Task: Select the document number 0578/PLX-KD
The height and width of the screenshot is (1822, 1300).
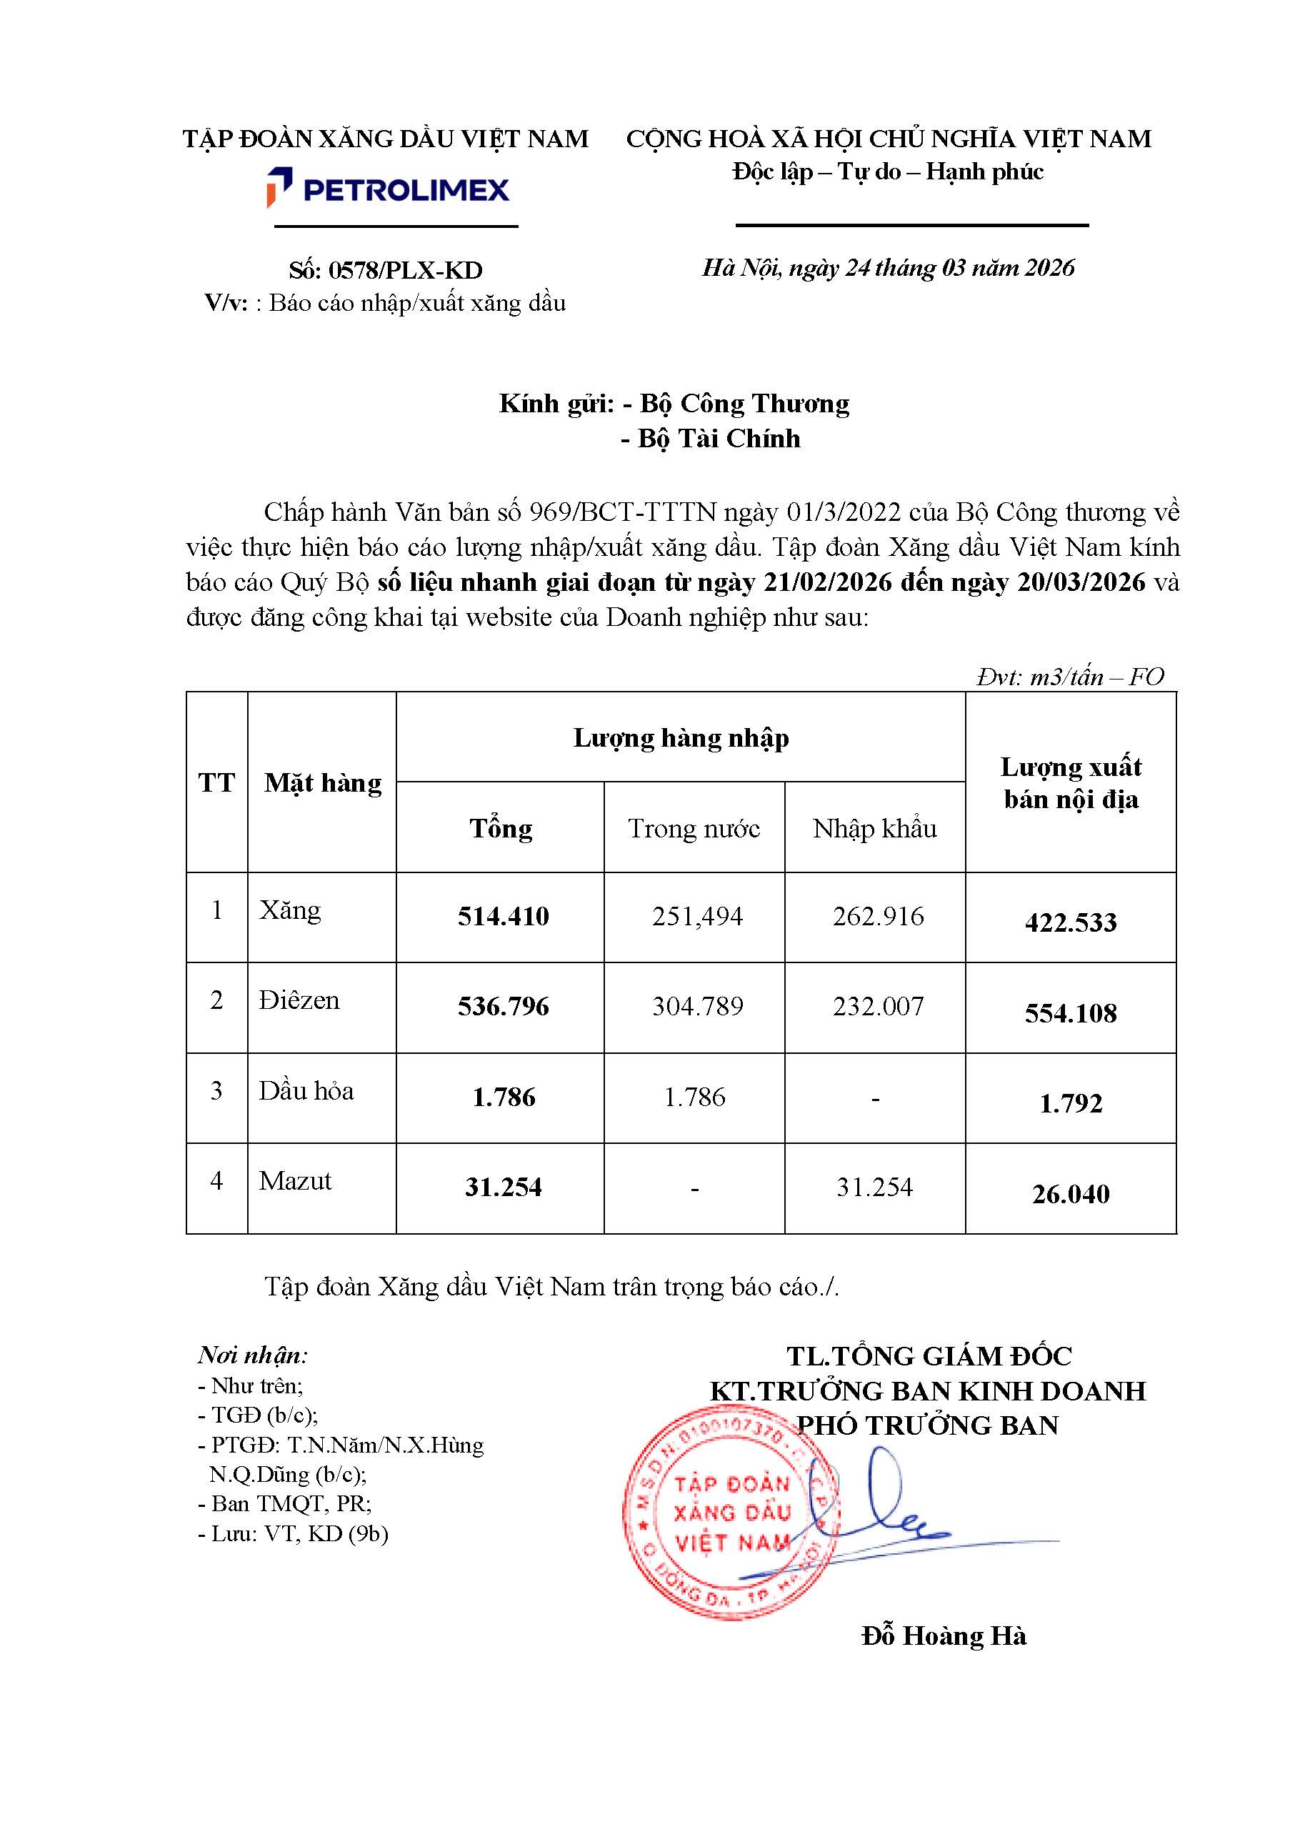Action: point(386,270)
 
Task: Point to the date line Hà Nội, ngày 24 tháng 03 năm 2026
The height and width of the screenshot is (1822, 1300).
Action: point(888,267)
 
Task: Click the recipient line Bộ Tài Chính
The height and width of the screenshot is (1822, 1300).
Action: point(711,439)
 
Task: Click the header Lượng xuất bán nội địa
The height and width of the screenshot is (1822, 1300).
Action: point(1070,782)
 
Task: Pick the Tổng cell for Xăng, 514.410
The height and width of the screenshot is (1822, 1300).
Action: point(503,916)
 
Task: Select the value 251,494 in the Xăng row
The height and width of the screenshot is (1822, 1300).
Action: point(696,916)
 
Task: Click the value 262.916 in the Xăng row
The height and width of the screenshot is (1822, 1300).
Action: point(877,916)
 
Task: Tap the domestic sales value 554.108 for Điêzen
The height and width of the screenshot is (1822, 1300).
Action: point(1070,1012)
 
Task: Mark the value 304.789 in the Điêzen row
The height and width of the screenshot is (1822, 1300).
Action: point(696,1006)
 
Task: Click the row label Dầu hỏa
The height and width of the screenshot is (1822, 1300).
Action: point(306,1090)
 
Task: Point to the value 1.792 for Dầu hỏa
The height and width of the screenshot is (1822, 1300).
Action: point(1070,1103)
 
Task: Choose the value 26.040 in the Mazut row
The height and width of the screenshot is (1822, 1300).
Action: point(1070,1193)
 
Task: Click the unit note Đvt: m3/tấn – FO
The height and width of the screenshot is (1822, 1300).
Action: point(1069,677)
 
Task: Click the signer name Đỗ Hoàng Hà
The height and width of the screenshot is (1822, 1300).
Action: point(943,1636)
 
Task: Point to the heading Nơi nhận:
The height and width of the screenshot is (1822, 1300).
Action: point(253,1355)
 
